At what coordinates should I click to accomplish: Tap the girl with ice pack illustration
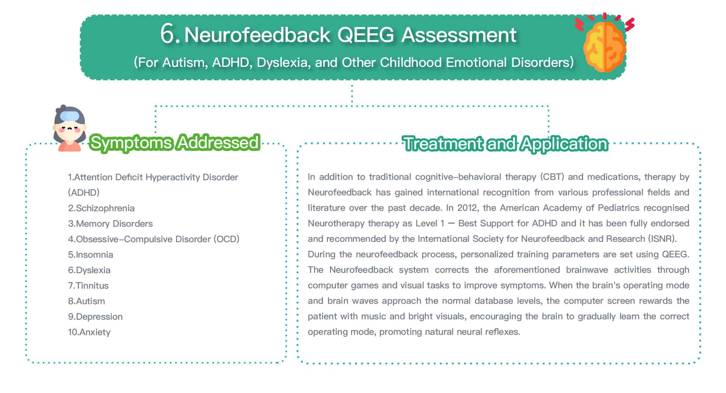(x=70, y=128)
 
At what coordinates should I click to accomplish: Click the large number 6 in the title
(x=168, y=34)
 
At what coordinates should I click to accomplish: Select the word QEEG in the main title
(x=365, y=35)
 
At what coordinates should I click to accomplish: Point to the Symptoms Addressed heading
(x=175, y=142)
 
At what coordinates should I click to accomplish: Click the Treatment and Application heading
(x=506, y=144)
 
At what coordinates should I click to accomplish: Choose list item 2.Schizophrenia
(x=101, y=208)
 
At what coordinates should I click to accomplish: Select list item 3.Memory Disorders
(x=110, y=224)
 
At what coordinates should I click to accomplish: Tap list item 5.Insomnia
(x=90, y=255)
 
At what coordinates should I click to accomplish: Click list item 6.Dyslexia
(x=89, y=270)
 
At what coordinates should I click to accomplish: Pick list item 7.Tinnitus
(x=88, y=286)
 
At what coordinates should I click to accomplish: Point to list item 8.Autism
(x=87, y=301)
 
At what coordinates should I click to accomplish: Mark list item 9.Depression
(x=95, y=317)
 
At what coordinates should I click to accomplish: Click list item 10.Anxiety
(x=89, y=332)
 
